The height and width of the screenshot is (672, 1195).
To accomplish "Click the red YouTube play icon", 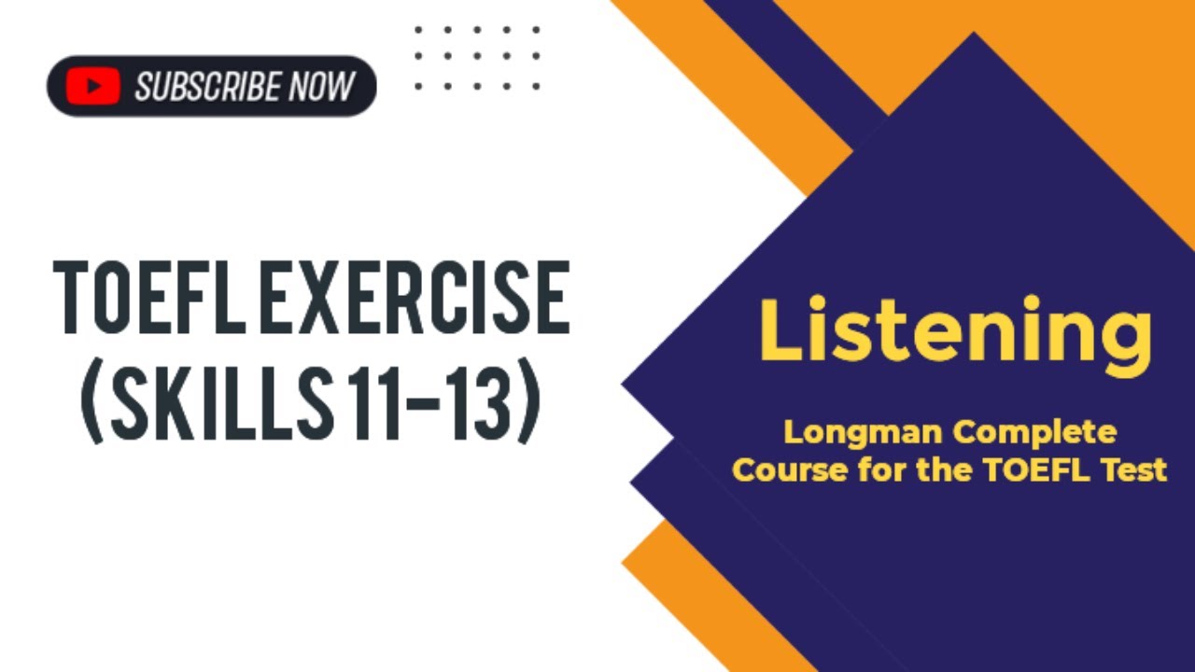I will pyautogui.click(x=92, y=87).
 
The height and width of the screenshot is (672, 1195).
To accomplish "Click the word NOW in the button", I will pyautogui.click(x=322, y=87).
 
